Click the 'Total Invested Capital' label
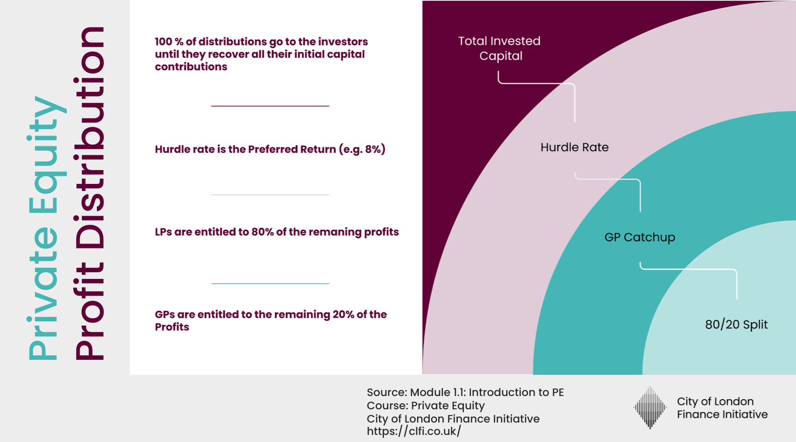(x=499, y=48)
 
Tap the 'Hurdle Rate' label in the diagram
(x=574, y=147)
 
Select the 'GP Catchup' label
(x=639, y=237)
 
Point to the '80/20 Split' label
(x=736, y=324)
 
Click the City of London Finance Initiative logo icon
(x=650, y=408)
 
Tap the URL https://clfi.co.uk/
(x=414, y=431)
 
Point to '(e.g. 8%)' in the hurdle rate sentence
(x=362, y=149)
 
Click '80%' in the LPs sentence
(x=263, y=232)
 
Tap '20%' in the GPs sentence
(x=343, y=315)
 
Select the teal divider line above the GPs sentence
(x=270, y=283)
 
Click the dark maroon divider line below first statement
(x=270, y=106)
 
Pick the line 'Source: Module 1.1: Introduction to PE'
(x=465, y=392)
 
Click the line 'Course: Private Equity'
(x=425, y=406)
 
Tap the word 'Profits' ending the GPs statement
(x=172, y=327)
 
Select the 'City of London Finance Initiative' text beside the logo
(x=722, y=408)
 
